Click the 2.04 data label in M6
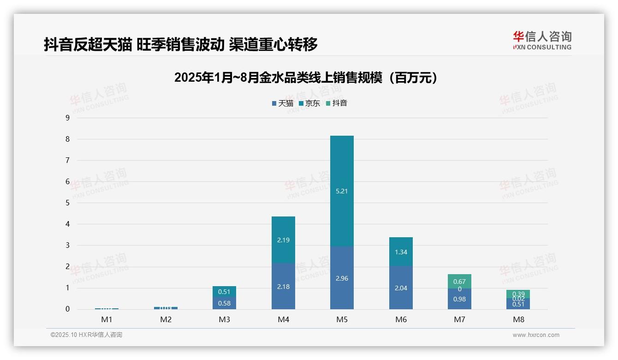[x=401, y=288]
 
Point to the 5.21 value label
[x=342, y=191]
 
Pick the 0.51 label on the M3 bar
[x=224, y=292]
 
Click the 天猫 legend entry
[x=282, y=103]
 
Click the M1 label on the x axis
[x=107, y=319]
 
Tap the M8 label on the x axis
[x=518, y=319]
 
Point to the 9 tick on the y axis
[x=67, y=118]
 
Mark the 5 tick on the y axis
[x=67, y=203]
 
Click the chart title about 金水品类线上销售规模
[x=306, y=78]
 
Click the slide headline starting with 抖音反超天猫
[x=181, y=45]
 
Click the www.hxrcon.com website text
[x=536, y=335]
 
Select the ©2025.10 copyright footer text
[x=86, y=335]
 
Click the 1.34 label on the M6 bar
[x=401, y=252]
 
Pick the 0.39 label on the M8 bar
[x=518, y=294]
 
